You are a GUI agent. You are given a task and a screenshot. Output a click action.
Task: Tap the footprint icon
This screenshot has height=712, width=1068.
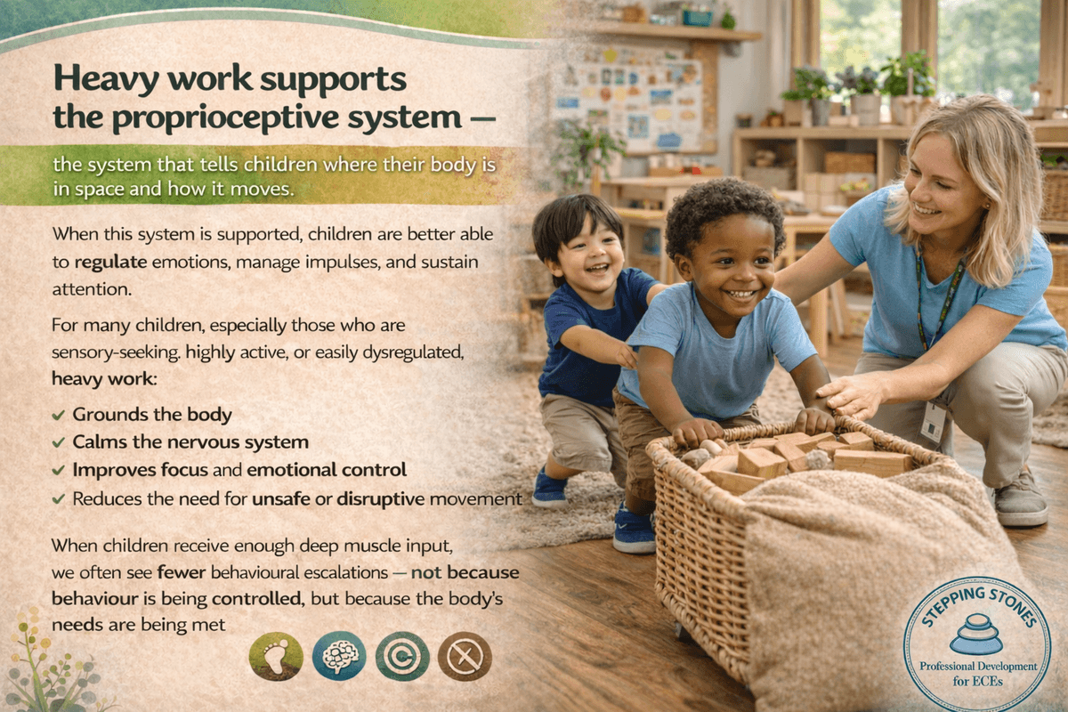276,656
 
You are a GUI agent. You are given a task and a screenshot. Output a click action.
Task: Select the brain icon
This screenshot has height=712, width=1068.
339,656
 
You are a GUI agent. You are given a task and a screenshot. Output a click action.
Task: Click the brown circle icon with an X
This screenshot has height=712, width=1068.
465,656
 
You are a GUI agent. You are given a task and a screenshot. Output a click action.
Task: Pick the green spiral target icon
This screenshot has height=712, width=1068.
402,656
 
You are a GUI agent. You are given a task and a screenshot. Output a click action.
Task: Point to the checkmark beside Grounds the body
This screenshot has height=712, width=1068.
58,415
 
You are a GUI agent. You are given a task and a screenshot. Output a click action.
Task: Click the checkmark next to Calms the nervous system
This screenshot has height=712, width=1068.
58,442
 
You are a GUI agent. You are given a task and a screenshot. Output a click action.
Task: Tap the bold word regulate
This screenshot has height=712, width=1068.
110,263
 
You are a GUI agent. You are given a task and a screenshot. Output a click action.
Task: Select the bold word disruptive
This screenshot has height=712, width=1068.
381,499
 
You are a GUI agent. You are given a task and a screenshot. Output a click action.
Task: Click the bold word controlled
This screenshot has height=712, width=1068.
258,598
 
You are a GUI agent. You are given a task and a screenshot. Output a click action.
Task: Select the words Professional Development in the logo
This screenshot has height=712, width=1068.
978,667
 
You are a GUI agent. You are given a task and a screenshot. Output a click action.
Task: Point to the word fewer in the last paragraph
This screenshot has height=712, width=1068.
182,572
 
